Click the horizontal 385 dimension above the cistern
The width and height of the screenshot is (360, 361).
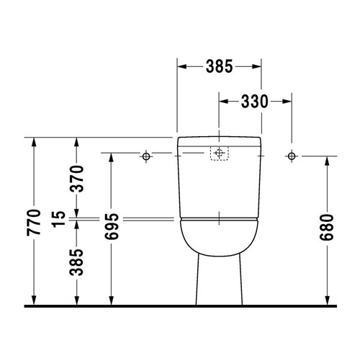coord(219,66)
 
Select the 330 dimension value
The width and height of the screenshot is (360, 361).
coord(254,102)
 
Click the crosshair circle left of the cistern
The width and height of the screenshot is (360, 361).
coord(146,155)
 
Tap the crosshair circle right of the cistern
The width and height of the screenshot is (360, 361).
coord(291,155)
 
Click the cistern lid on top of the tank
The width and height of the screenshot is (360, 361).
coord(218,139)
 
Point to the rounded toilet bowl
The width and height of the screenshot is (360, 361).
coord(218,236)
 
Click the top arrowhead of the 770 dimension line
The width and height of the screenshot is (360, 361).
coord(34,142)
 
